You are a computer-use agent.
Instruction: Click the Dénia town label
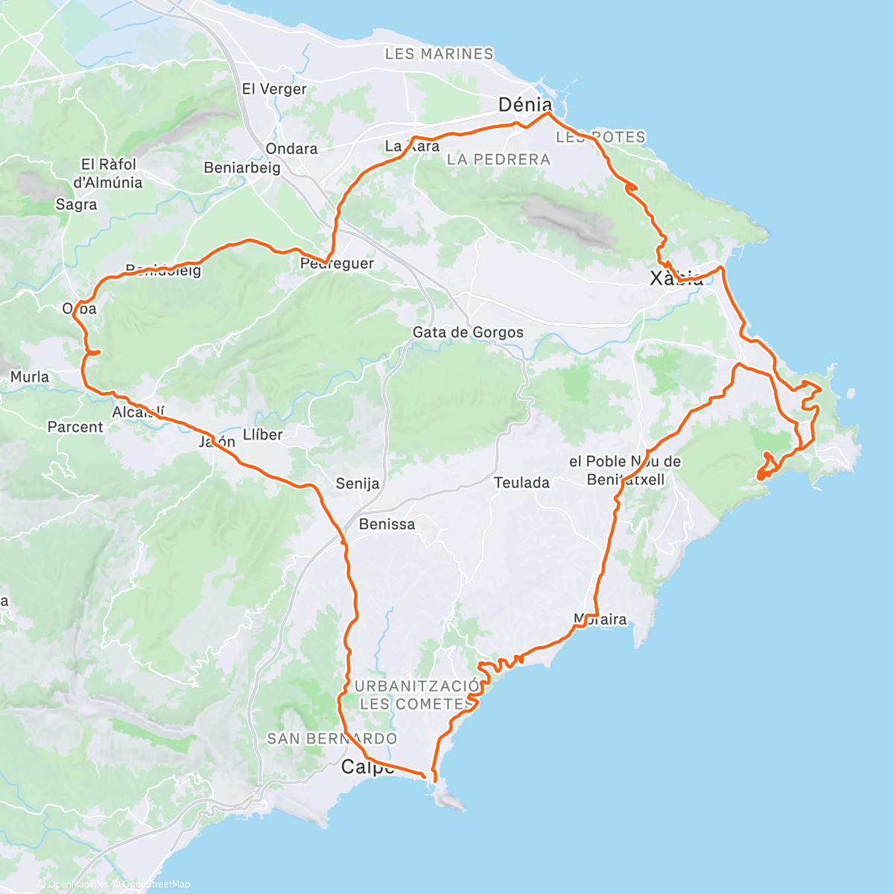(x=525, y=105)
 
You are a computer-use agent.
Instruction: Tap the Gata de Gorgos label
(x=468, y=332)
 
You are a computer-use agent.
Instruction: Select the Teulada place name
(x=521, y=483)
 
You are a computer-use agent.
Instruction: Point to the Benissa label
(x=387, y=524)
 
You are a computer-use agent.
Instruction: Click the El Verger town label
(x=274, y=89)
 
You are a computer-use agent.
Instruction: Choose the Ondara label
(x=291, y=149)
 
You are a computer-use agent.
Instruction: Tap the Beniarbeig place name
(x=242, y=168)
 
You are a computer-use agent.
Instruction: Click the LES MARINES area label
(x=439, y=54)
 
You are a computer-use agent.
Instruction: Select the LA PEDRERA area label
(x=498, y=159)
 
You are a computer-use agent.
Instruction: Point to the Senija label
(x=357, y=484)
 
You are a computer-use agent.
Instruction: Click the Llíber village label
(x=263, y=435)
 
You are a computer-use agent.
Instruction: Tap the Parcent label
(x=75, y=427)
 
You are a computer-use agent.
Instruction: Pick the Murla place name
(x=30, y=377)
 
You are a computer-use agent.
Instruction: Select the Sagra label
(x=76, y=205)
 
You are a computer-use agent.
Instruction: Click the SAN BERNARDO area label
(x=332, y=739)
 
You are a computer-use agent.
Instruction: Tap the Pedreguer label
(x=337, y=264)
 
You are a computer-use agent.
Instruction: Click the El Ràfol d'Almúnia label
(x=108, y=174)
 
